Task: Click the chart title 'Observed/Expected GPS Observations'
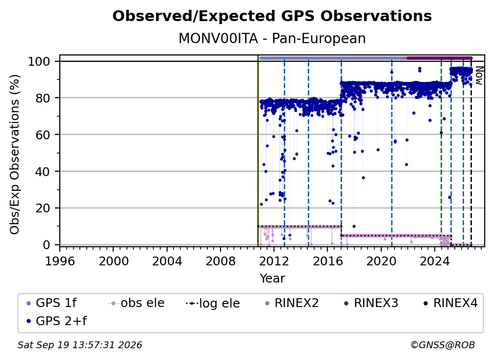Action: click(272, 16)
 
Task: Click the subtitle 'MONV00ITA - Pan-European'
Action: click(272, 39)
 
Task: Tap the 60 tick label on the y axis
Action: click(43, 135)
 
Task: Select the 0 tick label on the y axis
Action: click(47, 245)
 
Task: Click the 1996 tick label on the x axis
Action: click(60, 261)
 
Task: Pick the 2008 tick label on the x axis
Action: click(220, 261)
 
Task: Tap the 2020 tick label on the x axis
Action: click(381, 261)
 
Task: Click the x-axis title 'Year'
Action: click(272, 279)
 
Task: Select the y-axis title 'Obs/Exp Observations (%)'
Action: click(15, 154)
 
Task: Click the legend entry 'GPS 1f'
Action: click(51, 303)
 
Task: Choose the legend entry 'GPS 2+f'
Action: click(57, 321)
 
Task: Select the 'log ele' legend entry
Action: click(213, 303)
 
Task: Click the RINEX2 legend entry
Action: click(292, 303)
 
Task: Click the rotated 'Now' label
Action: click(479, 76)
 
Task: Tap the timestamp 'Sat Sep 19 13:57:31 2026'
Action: click(80, 345)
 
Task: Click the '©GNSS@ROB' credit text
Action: click(443, 345)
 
